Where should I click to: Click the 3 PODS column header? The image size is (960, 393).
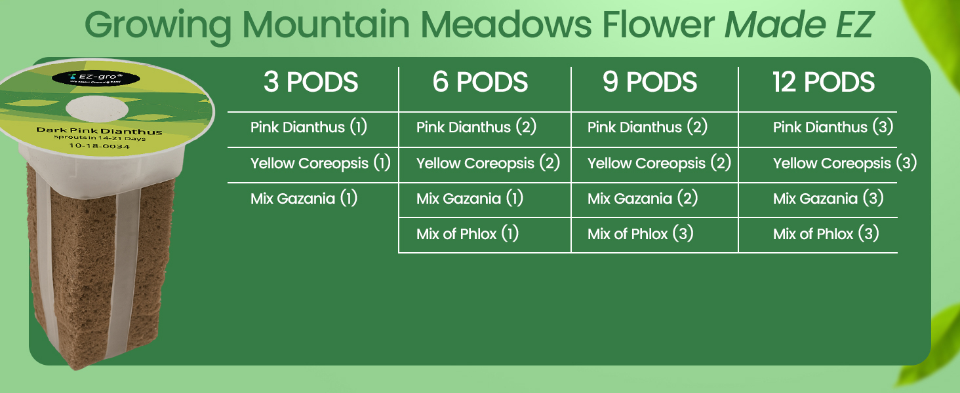[x=311, y=83]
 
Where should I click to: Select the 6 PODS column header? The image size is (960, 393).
[x=480, y=83]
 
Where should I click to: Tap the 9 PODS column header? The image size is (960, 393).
[x=650, y=83]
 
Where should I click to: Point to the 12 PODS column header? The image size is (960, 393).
[x=824, y=83]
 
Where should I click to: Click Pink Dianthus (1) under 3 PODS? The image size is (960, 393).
[x=308, y=127]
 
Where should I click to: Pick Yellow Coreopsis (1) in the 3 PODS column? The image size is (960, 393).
[x=320, y=163]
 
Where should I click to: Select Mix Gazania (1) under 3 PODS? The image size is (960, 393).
[x=304, y=198]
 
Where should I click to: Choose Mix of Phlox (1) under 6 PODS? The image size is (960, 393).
[x=468, y=234]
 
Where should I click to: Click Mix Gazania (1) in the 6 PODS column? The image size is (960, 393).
[x=470, y=198]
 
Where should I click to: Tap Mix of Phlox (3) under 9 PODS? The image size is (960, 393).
[x=641, y=234]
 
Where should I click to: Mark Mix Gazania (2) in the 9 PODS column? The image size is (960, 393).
[x=642, y=198]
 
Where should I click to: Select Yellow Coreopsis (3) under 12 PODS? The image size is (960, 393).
[x=845, y=163]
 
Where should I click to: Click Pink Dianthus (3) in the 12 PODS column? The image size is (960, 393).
[x=833, y=127]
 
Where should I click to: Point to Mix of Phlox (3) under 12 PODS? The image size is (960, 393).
[x=826, y=234]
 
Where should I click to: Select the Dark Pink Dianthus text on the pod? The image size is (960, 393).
[x=99, y=132]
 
